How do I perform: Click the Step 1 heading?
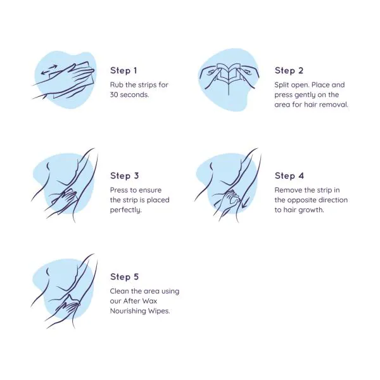pyautogui.click(x=123, y=70)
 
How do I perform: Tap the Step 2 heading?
pyautogui.click(x=289, y=70)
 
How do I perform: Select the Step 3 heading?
pyautogui.click(x=124, y=175)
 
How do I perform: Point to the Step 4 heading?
pyautogui.click(x=289, y=175)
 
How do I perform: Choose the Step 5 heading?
pyautogui.click(x=124, y=277)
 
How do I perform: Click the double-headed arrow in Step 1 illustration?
pyautogui.click(x=49, y=70)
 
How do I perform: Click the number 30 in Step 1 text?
pyautogui.click(x=114, y=95)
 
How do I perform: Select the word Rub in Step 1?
pyautogui.click(x=117, y=85)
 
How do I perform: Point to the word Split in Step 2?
pyautogui.click(x=282, y=85)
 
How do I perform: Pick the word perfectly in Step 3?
pyautogui.click(x=125, y=210)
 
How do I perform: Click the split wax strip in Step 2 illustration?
pyautogui.click(x=229, y=73)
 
